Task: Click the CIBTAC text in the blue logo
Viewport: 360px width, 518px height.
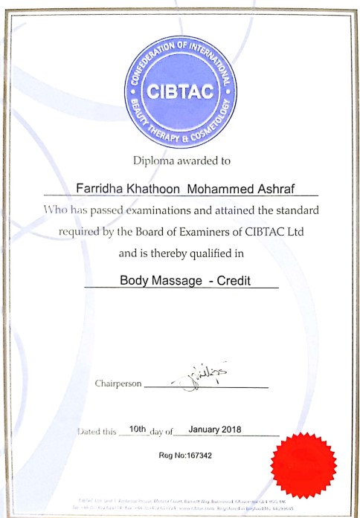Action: click(181, 92)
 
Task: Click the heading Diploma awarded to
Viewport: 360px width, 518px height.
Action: click(181, 160)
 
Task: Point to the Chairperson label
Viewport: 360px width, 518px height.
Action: click(117, 383)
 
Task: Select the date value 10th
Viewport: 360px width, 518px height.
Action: click(138, 429)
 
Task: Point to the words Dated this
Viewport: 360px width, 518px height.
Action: click(98, 430)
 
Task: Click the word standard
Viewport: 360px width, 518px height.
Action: click(297, 210)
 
